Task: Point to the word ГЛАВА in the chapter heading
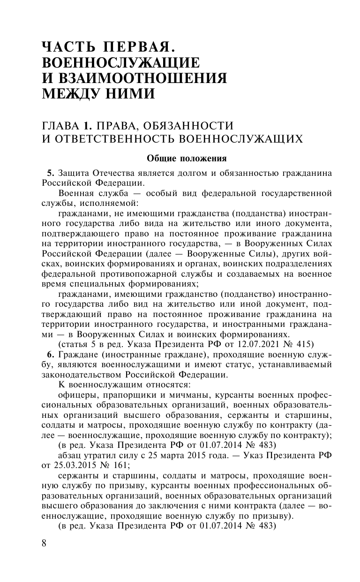pyautogui.click(x=60, y=125)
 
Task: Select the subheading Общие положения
pyautogui.click(x=187, y=158)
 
